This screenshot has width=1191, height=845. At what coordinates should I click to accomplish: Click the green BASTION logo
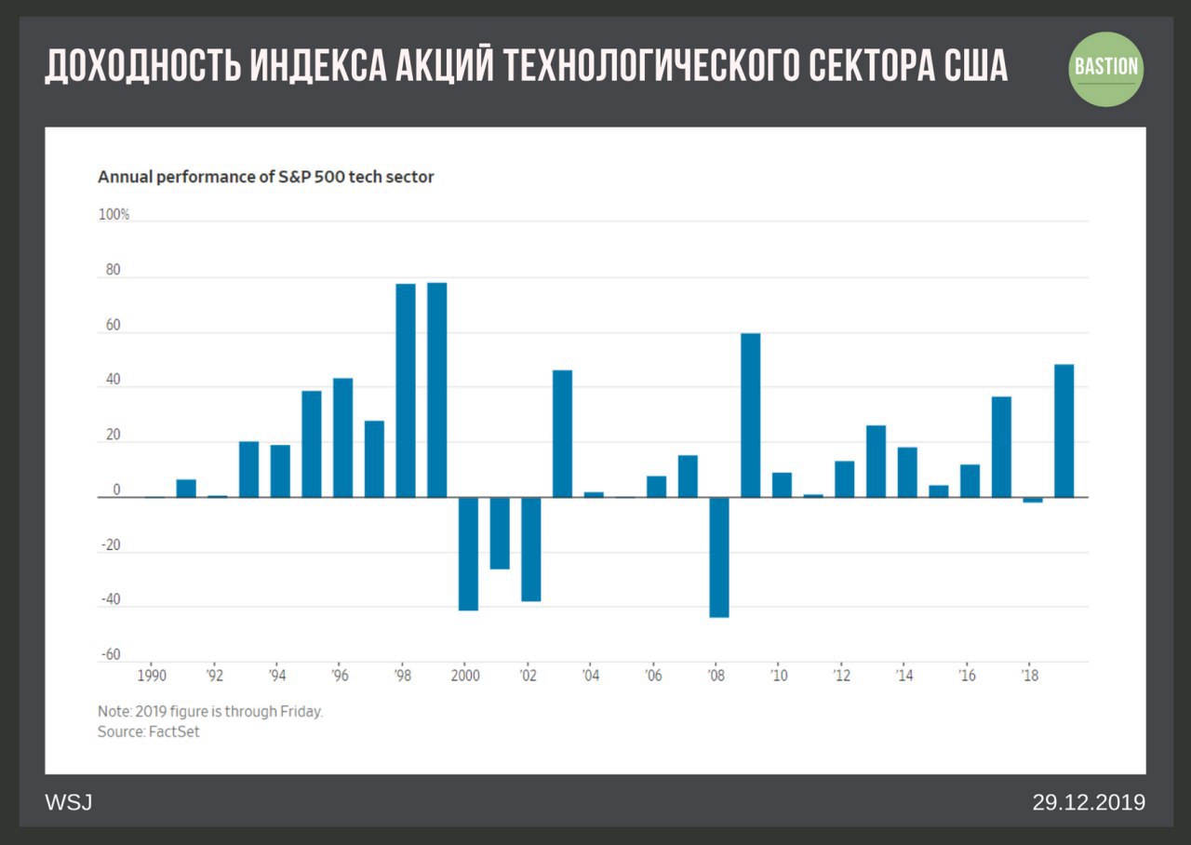(1105, 68)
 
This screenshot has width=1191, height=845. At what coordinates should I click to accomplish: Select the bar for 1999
(436, 390)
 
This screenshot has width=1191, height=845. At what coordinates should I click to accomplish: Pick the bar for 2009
(750, 415)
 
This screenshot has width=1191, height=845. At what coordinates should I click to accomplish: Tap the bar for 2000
(468, 554)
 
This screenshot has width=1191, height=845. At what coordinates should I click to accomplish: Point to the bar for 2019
(1064, 431)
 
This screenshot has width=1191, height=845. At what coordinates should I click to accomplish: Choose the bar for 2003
(562, 434)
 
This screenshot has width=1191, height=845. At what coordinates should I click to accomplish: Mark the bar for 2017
(1001, 447)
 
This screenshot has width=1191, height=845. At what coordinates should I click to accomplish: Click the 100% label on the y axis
(114, 215)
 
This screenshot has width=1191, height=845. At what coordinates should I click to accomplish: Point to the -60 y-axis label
(111, 655)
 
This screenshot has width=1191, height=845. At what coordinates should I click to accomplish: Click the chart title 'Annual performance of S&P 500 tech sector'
(265, 177)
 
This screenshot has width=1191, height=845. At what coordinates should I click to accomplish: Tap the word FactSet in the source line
(174, 732)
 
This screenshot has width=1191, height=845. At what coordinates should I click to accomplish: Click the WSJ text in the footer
(69, 802)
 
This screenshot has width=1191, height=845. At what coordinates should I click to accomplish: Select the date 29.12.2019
(1088, 802)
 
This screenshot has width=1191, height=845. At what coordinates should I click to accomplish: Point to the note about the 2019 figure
(210, 712)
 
